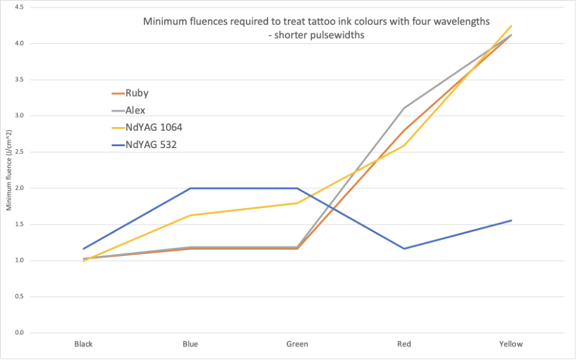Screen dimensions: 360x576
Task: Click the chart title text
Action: [x=316, y=28]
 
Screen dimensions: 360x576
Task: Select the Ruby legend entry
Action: [x=137, y=93]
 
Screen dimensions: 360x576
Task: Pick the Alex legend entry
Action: [x=135, y=110]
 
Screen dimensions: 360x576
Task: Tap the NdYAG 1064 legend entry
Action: [x=149, y=128]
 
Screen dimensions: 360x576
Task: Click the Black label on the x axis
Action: [x=83, y=344]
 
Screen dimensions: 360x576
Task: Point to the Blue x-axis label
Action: [x=190, y=344]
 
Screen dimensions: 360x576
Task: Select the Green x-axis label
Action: [x=297, y=344]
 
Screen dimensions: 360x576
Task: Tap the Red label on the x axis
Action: [x=404, y=344]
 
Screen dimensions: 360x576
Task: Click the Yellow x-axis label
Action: [x=511, y=344]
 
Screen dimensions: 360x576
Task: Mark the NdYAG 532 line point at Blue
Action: [x=190, y=188]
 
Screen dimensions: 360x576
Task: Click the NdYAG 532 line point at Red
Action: [x=404, y=248]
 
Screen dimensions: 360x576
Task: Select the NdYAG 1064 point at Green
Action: [x=297, y=203]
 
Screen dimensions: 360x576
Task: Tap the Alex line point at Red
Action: [x=404, y=109]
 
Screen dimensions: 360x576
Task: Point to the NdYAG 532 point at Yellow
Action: [x=511, y=220]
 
